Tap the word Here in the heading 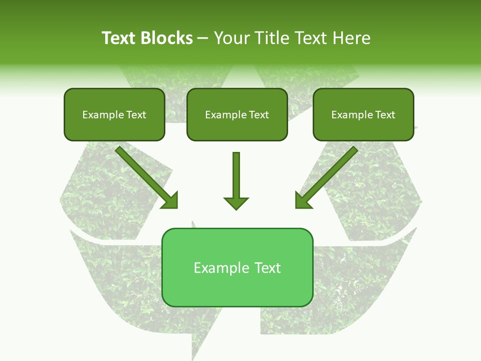(352, 38)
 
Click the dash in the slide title (203, 39)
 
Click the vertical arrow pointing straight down (236, 175)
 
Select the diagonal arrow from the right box (331, 173)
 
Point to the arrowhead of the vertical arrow (236, 203)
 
